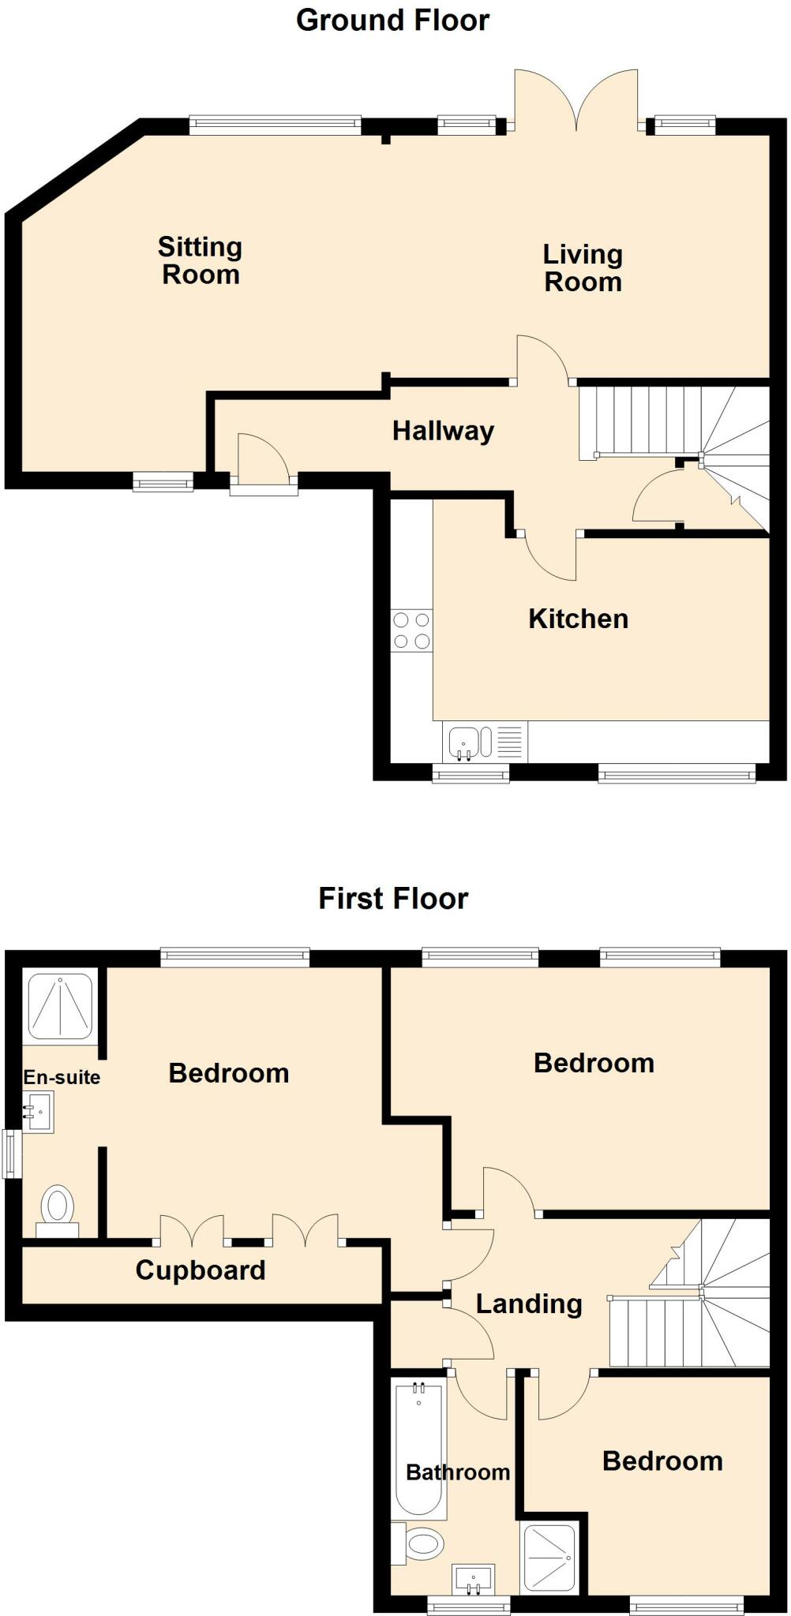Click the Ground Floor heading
pos(392,21)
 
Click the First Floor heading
pos(393,899)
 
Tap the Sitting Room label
pos(200,260)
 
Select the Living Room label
pos(583,268)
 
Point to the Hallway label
pos(443,431)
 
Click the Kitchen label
pos(578,619)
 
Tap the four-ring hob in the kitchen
pos(411,630)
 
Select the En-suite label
pos(62,1077)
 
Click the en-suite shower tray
pos(61,1006)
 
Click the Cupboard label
pos(201,1270)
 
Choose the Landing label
pos(529,1304)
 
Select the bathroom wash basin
pos(474,1578)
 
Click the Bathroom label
pos(458,1472)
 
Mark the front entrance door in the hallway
pos(264,477)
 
